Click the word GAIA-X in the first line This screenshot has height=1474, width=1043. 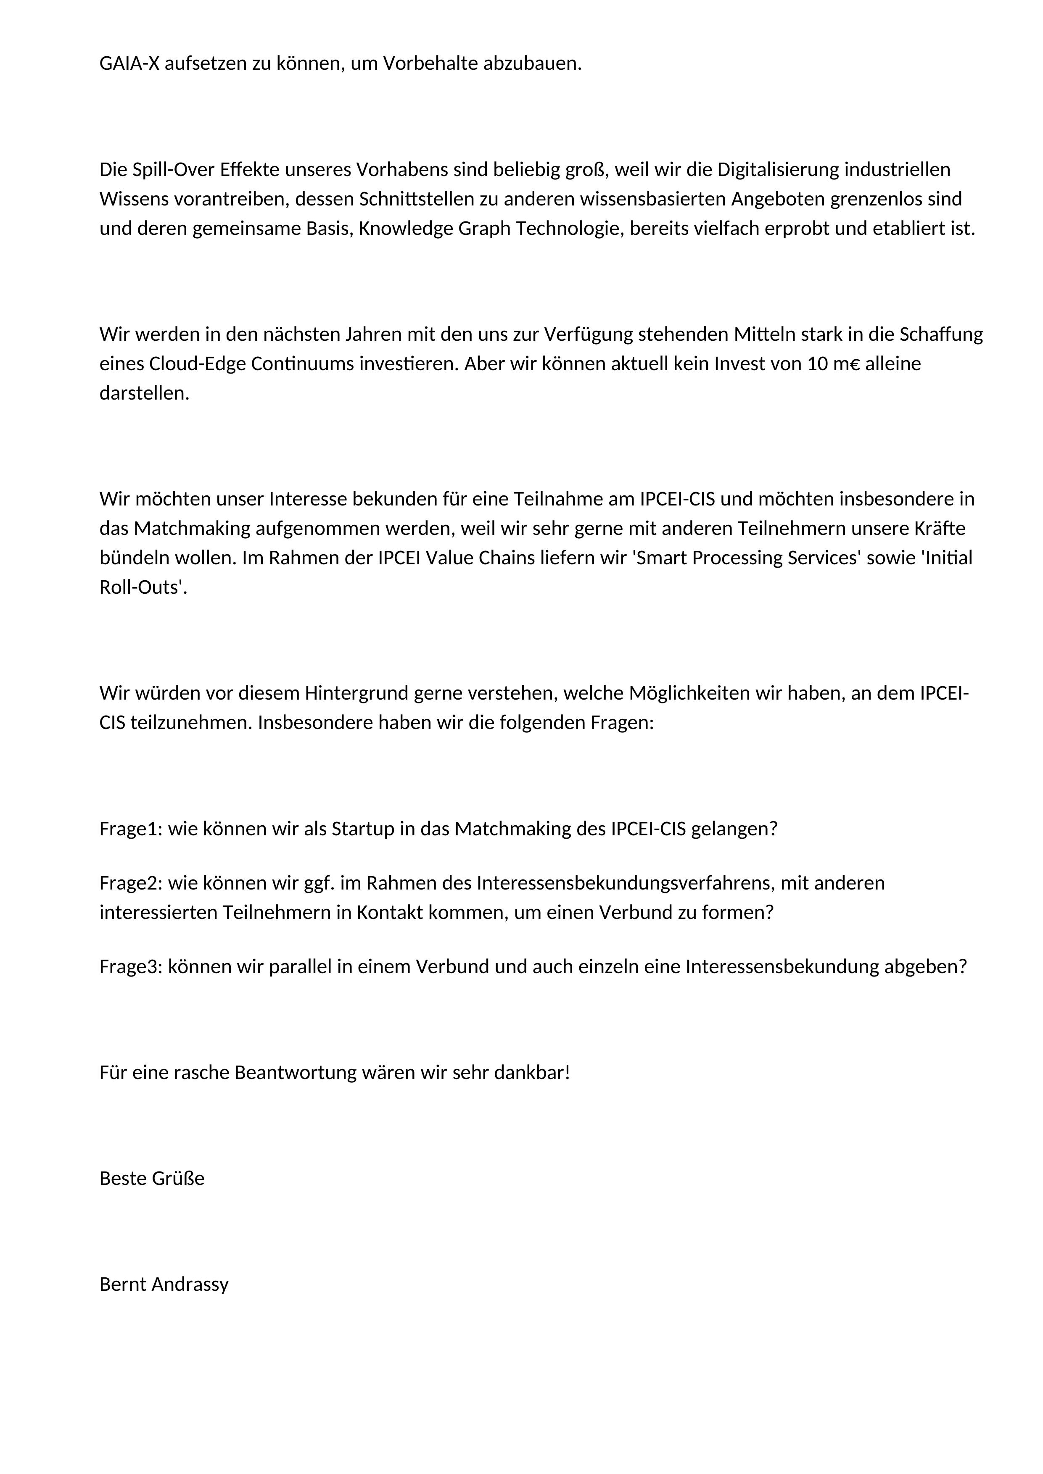pos(129,63)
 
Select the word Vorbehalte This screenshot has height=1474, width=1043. pos(430,63)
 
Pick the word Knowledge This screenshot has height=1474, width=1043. pos(406,229)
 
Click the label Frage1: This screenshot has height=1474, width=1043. pos(132,829)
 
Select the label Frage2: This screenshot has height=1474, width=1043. pos(132,883)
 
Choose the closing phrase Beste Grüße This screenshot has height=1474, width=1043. pos(152,1178)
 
